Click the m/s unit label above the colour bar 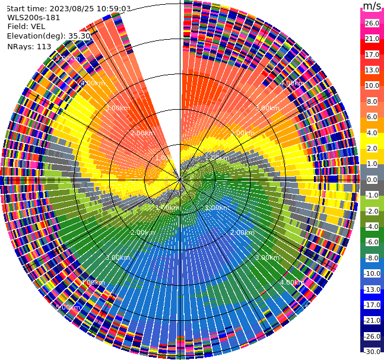[x=372, y=6]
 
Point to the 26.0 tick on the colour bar [x=372, y=23]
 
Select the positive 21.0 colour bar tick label [x=372, y=39]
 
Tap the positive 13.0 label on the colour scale [x=372, y=70]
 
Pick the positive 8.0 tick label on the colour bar [x=372, y=101]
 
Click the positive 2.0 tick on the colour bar [x=372, y=148]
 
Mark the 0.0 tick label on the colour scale [x=372, y=180]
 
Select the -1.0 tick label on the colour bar [x=372, y=195]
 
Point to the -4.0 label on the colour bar [x=372, y=227]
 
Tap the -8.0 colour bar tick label [x=372, y=258]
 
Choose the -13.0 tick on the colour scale [x=372, y=289]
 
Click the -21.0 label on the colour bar [x=372, y=320]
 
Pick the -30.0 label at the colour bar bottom [x=372, y=352]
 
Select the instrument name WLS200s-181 [x=34, y=17]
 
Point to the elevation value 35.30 [x=80, y=36]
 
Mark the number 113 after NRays [x=44, y=46]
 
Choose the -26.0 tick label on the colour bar [x=372, y=336]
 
